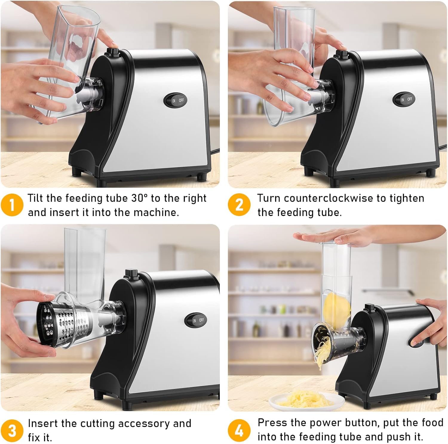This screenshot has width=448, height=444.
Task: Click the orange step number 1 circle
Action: (12, 205)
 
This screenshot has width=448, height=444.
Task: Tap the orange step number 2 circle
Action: (239, 205)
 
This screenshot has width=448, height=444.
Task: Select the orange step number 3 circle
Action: (12, 431)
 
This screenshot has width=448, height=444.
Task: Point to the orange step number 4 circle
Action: (239, 431)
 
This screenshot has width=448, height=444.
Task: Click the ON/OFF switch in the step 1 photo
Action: (177, 100)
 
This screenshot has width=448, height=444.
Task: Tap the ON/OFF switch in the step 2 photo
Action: (406, 99)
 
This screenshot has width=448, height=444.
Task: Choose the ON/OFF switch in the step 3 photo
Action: (198, 320)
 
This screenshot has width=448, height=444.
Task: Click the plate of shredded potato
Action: (302, 400)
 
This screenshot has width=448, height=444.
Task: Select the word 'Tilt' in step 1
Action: (36, 198)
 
